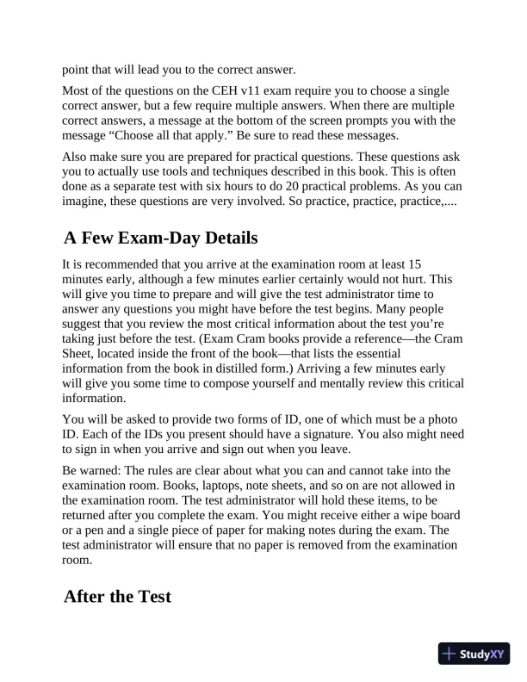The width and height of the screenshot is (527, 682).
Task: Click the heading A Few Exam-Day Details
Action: click(161, 237)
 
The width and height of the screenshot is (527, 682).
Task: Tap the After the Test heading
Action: click(117, 596)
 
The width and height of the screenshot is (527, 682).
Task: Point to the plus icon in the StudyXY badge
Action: click(449, 654)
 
